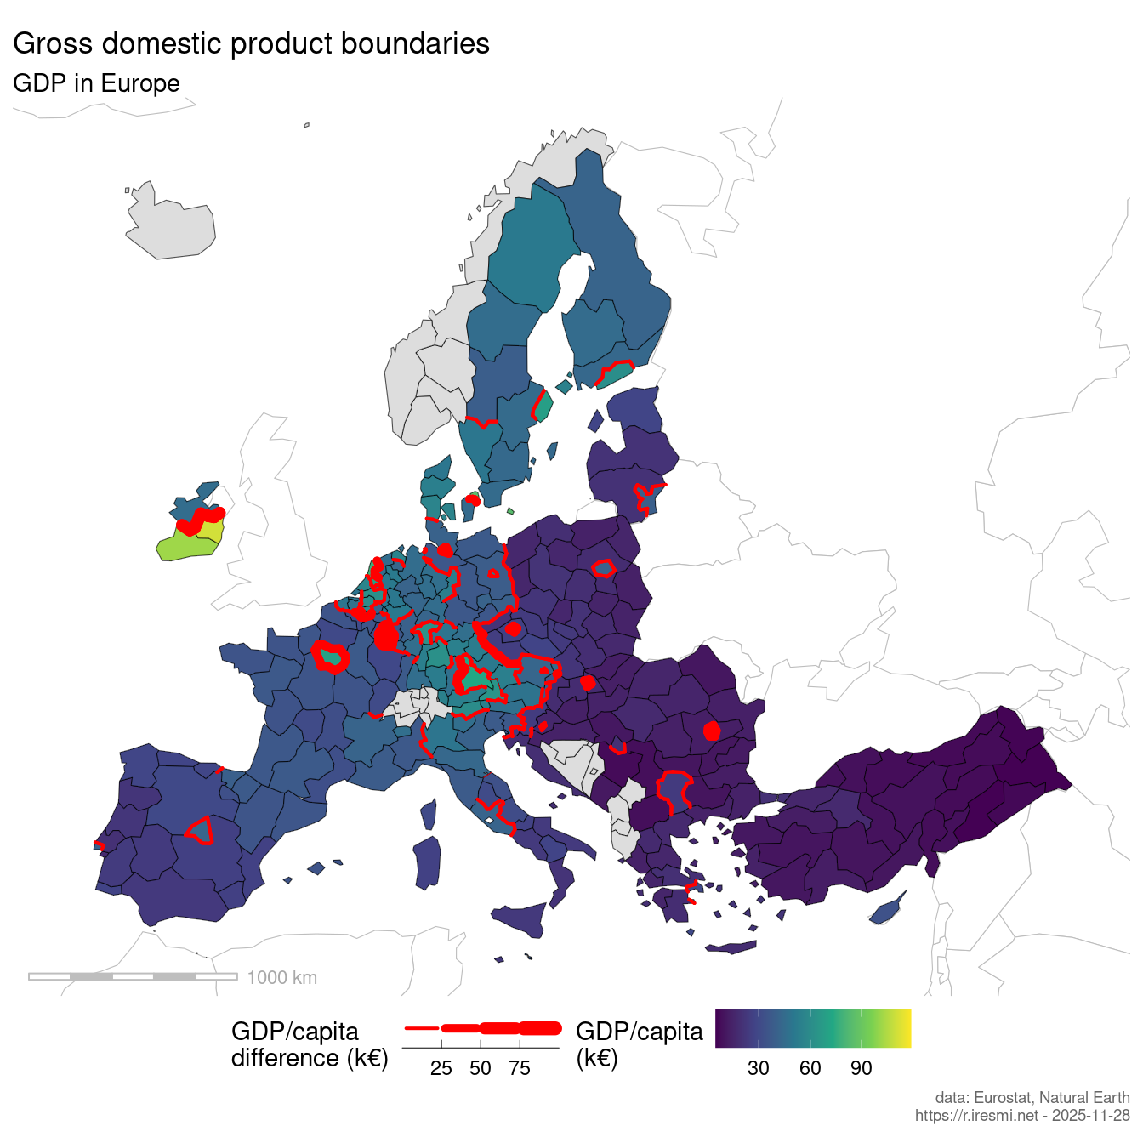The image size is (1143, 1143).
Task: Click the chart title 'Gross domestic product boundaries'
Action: [251, 44]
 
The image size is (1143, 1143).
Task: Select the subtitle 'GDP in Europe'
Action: [96, 83]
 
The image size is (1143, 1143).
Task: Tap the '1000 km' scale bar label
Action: [281, 978]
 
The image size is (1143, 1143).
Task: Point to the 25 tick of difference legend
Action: [441, 1068]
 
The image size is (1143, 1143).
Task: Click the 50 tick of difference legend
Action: [481, 1068]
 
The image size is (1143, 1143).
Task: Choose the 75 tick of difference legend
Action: [520, 1068]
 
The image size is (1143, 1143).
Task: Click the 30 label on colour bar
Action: [758, 1068]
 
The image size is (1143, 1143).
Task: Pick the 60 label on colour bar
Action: [810, 1068]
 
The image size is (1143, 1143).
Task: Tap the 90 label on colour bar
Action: [861, 1068]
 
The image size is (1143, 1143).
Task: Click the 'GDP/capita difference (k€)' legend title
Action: [309, 1044]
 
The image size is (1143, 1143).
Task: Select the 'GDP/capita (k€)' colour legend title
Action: [639, 1044]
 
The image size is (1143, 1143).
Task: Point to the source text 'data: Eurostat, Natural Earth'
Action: [1032, 1098]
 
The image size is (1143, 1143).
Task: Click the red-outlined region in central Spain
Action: [201, 830]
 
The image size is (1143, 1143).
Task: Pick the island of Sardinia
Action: [428, 862]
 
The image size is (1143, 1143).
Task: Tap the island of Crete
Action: [730, 947]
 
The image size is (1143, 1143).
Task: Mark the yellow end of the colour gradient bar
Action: [907, 1028]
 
